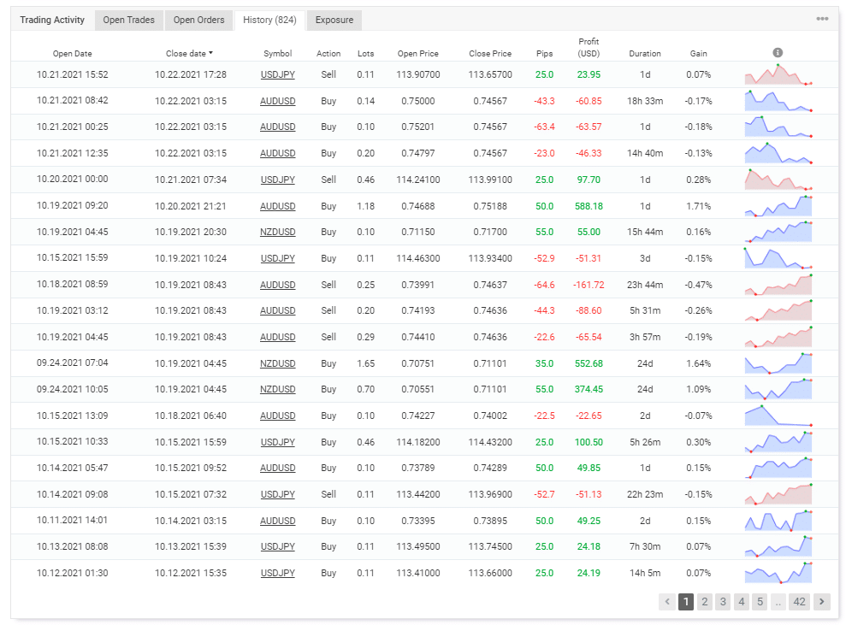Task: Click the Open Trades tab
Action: (x=128, y=20)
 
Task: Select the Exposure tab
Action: (x=334, y=20)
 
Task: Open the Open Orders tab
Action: (x=198, y=20)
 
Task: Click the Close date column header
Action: (x=189, y=54)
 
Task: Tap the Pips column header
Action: (x=544, y=54)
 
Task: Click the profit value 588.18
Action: (x=589, y=206)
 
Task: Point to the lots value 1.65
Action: (x=365, y=363)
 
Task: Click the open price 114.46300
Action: (x=419, y=258)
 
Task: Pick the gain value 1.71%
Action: (x=698, y=206)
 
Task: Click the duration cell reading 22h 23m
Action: (x=645, y=494)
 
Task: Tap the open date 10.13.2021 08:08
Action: (x=73, y=546)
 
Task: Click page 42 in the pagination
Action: (x=799, y=602)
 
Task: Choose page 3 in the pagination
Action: (x=723, y=602)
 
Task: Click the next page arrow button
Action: (x=822, y=602)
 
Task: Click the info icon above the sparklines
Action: (x=778, y=53)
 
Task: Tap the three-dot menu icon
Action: (x=822, y=19)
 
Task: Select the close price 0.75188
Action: (x=490, y=206)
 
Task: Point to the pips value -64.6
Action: (x=544, y=285)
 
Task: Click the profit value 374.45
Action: (x=589, y=389)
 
